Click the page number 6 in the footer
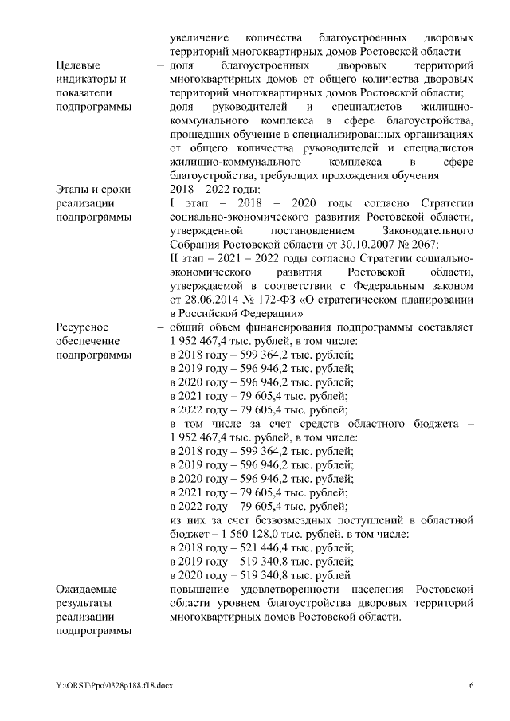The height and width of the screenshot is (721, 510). coord(471,685)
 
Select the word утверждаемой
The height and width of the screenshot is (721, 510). coord(210,286)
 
